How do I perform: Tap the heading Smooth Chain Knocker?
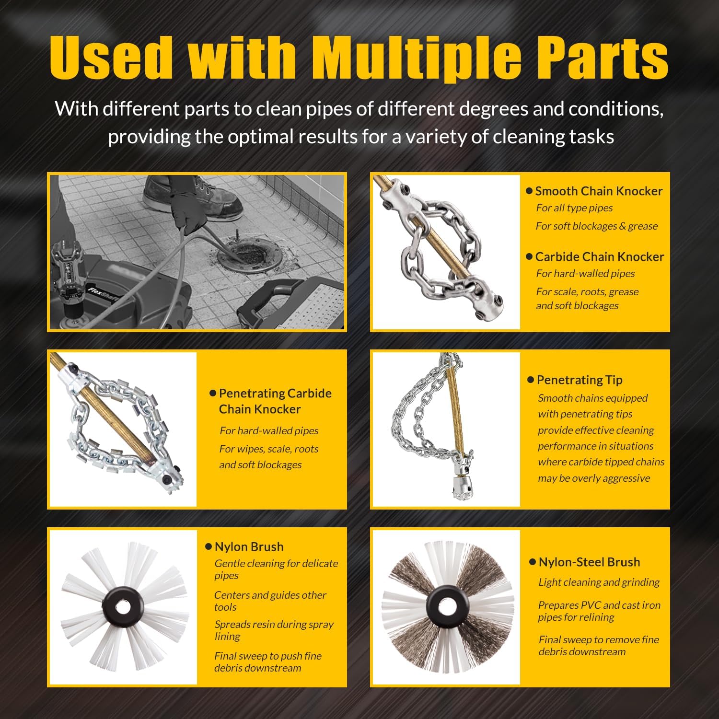click(x=599, y=191)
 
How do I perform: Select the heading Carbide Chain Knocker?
click(x=600, y=256)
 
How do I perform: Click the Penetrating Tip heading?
click(x=580, y=380)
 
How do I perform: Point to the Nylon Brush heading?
click(x=249, y=547)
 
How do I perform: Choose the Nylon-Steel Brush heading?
click(x=589, y=562)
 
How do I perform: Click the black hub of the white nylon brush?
click(x=123, y=607)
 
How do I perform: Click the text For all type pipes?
click(x=574, y=208)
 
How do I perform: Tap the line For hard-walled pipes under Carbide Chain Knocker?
click(x=585, y=274)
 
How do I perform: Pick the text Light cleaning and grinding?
click(x=599, y=582)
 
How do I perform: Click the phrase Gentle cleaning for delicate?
click(x=276, y=564)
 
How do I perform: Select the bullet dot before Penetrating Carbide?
click(x=213, y=394)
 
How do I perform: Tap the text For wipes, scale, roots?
click(x=269, y=449)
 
